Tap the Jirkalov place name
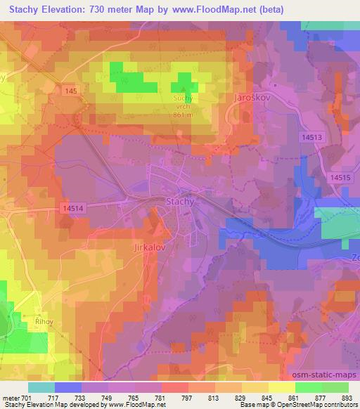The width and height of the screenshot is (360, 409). (148, 248)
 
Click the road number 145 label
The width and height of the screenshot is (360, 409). (68, 91)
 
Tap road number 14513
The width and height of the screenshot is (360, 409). (310, 137)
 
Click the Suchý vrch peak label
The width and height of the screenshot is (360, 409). (184, 103)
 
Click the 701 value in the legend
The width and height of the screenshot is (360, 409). (27, 398)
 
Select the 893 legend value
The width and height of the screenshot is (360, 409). (347, 398)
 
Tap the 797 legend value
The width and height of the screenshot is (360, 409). (187, 398)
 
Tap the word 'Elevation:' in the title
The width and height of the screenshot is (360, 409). (62, 9)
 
